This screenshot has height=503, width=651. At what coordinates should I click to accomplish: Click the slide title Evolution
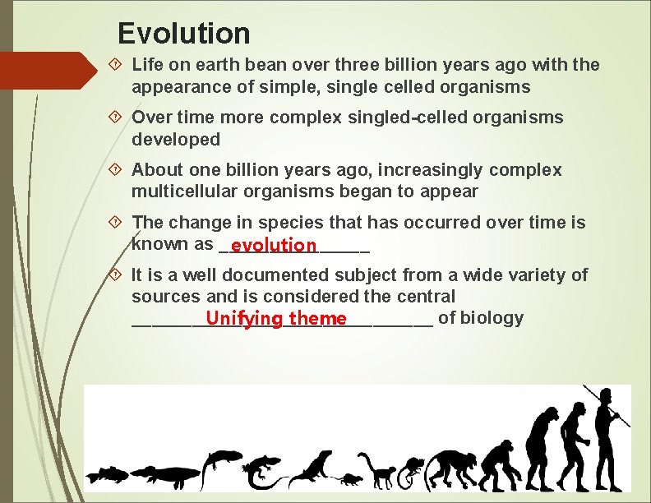[x=183, y=34]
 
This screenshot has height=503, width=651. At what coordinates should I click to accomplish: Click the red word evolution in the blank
[x=274, y=245]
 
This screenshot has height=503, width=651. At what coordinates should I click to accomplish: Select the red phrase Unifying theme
[x=276, y=318]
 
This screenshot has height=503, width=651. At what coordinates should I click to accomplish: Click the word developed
[x=176, y=140]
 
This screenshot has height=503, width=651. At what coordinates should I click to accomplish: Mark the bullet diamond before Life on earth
[x=118, y=64]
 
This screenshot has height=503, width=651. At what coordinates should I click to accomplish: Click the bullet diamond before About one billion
[x=118, y=170]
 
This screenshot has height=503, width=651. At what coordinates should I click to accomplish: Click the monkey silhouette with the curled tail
[x=382, y=472]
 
